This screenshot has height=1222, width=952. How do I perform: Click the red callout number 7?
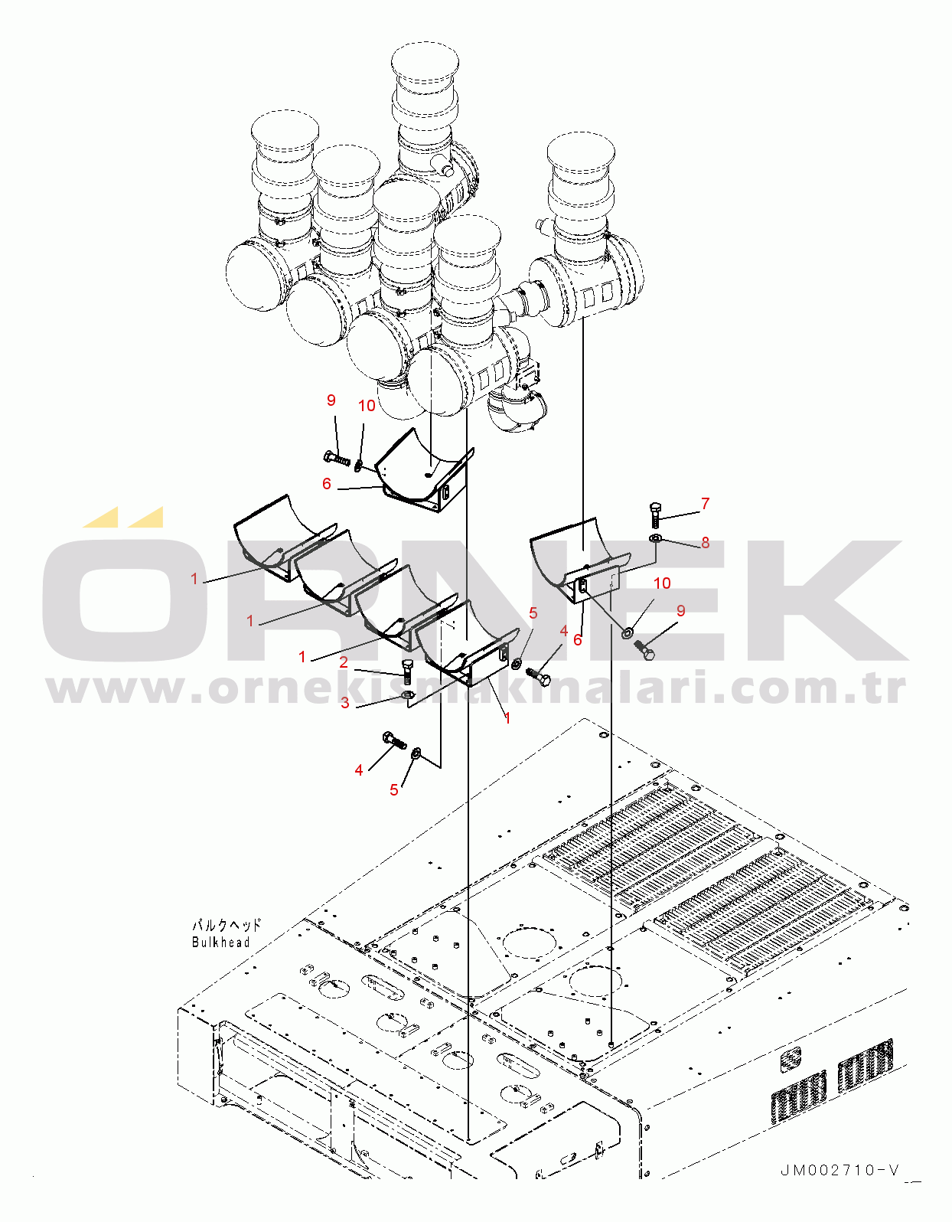click(x=705, y=504)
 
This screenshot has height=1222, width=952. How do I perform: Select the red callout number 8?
click(x=705, y=543)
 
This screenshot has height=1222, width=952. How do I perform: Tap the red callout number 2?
click(x=344, y=662)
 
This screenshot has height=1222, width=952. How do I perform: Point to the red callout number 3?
click(x=345, y=703)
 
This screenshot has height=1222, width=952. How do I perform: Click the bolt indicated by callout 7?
click(x=655, y=515)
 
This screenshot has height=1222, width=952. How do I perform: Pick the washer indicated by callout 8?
click(x=655, y=540)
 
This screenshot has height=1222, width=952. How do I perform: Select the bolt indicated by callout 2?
click(x=406, y=672)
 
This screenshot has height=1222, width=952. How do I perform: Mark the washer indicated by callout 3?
click(x=407, y=695)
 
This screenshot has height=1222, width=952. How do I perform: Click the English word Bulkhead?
click(x=220, y=943)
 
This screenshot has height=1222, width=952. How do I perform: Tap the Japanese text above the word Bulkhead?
click(x=226, y=926)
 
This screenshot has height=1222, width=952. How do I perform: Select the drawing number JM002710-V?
click(x=840, y=1170)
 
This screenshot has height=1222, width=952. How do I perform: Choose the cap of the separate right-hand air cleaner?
click(x=581, y=151)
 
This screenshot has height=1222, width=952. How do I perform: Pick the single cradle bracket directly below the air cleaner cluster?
click(x=425, y=471)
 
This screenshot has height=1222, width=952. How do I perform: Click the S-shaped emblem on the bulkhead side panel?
click(x=791, y=1060)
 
